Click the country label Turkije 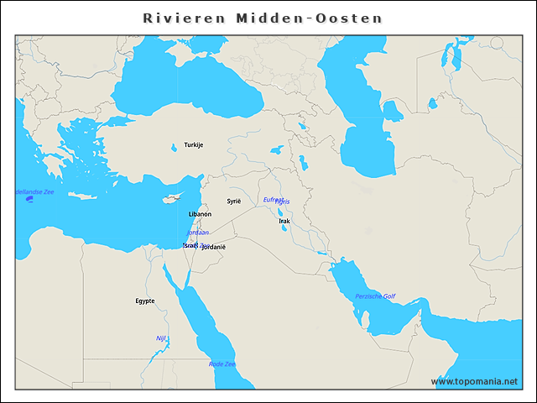(194, 145)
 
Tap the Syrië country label (234, 201)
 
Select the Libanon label (201, 214)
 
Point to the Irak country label (284, 221)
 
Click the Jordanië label (214, 247)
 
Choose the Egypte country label (145, 301)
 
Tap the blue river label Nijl (161, 338)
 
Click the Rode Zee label (222, 364)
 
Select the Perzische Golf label (375, 296)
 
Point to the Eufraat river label (272, 199)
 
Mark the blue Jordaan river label (198, 232)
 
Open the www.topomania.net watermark (474, 381)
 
